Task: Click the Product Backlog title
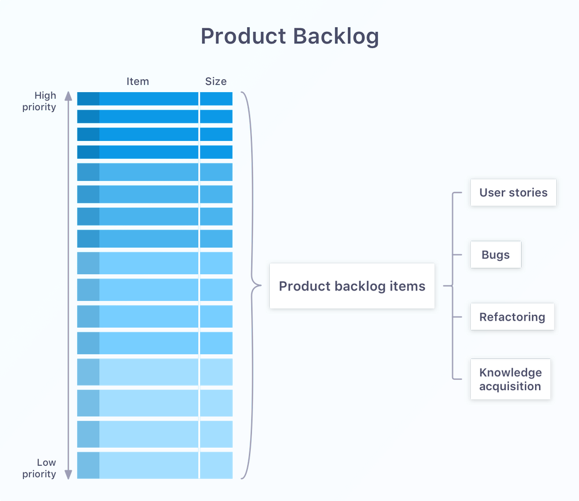[x=289, y=37]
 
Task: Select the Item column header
[x=138, y=81]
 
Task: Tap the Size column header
[x=216, y=81]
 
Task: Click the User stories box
[x=513, y=193]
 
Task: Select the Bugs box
[x=496, y=255]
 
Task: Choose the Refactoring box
[x=512, y=317]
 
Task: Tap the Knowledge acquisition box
[x=510, y=380]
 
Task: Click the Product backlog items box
[x=352, y=286]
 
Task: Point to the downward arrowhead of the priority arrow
[x=68, y=475]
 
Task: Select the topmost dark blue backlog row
[x=155, y=99]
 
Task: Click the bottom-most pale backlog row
[x=155, y=465]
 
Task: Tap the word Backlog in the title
[x=336, y=37]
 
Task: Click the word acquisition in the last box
[x=510, y=387]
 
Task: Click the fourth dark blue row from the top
[x=155, y=152]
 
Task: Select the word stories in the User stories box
[x=528, y=193]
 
